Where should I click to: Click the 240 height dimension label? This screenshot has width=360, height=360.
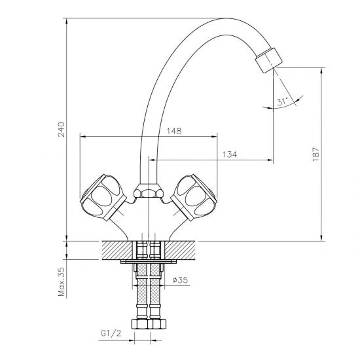pos(62,129)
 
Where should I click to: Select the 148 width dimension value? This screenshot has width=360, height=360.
pos(174,131)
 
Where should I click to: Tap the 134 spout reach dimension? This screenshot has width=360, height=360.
pos(230,154)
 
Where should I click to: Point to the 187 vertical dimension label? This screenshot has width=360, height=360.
pos(316,154)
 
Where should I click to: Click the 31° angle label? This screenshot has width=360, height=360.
pos(283,101)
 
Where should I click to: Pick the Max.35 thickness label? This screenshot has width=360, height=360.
pos(62,281)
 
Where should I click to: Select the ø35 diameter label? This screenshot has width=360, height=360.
pos(180,279)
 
